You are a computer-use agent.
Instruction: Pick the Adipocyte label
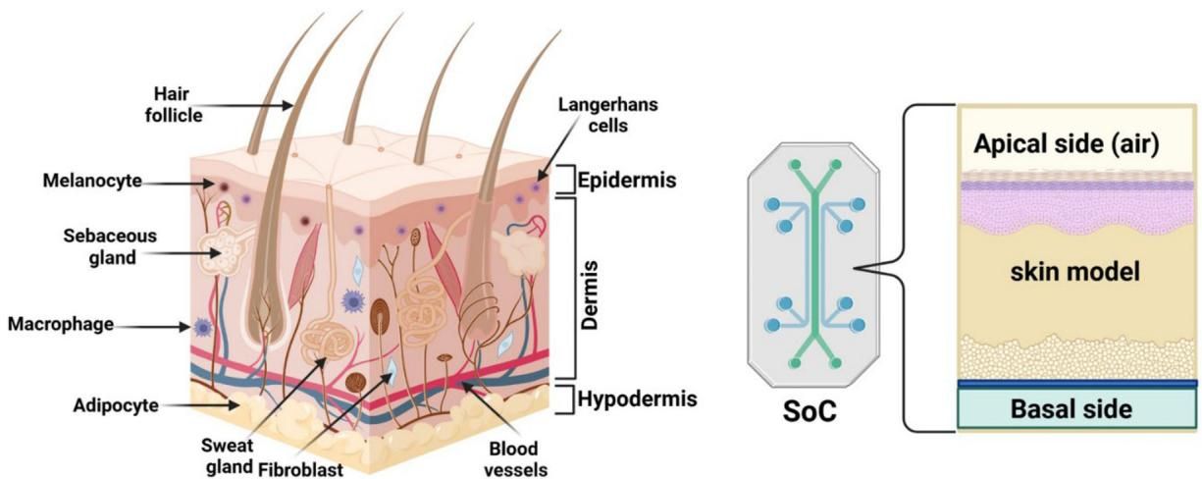coord(117,404)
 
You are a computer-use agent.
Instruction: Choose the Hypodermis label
coord(637,399)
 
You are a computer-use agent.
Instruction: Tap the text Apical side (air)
coord(1067,145)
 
